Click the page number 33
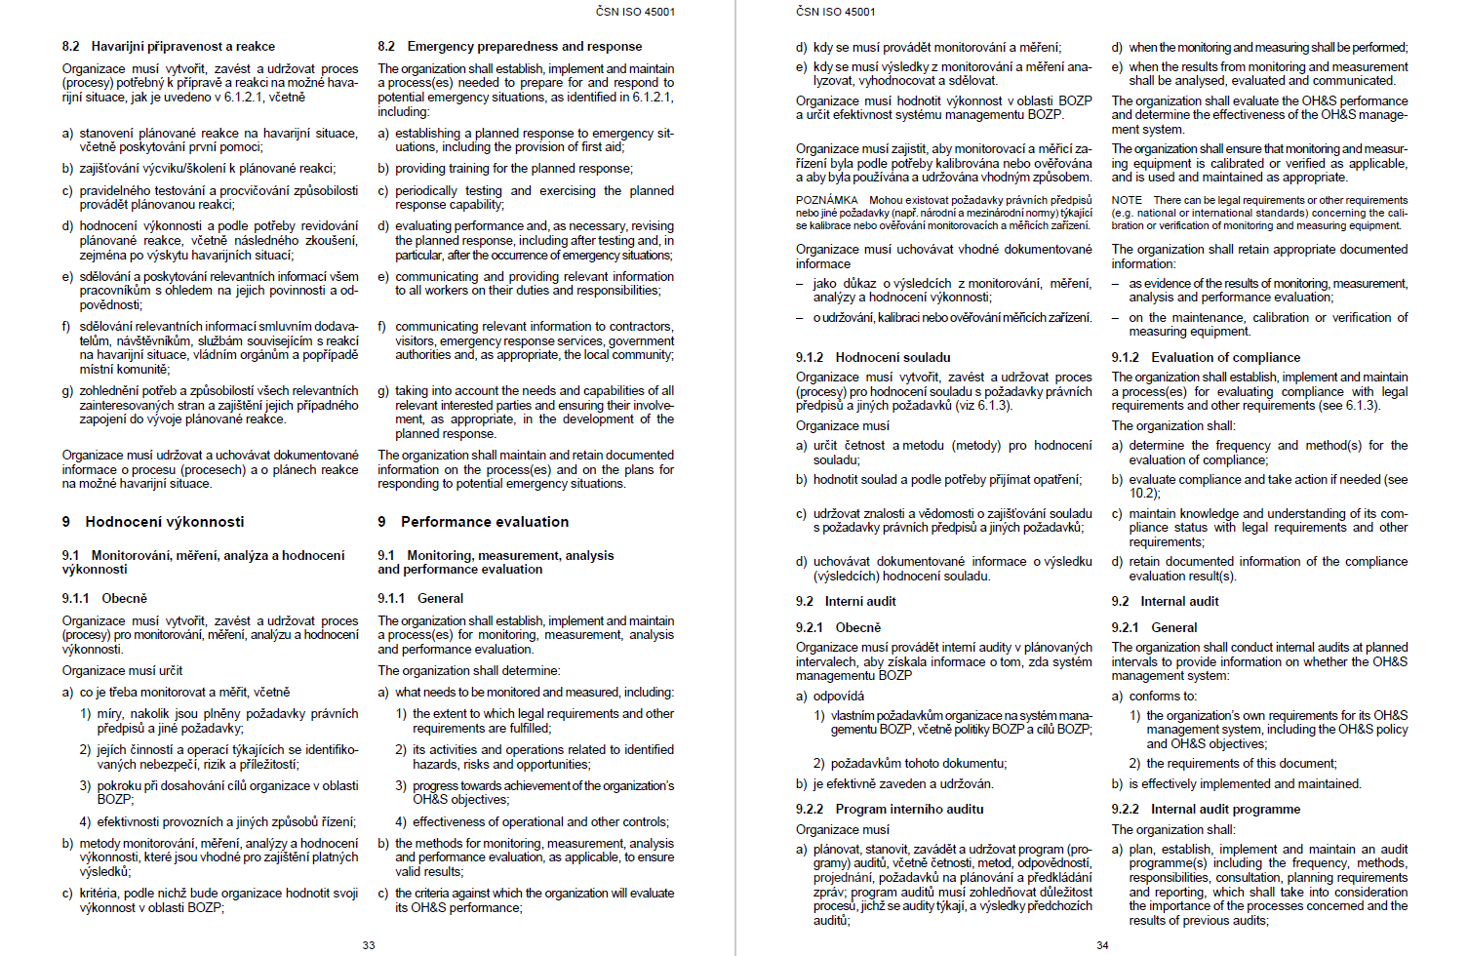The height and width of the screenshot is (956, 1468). pyautogui.click(x=369, y=944)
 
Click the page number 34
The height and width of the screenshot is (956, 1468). pyautogui.click(x=1102, y=944)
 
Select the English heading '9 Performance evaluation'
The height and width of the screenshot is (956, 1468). pyautogui.click(x=473, y=522)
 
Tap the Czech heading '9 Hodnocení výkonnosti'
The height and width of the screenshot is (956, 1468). pyautogui.click(x=153, y=522)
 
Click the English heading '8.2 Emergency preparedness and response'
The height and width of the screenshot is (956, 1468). pyautogui.click(x=510, y=46)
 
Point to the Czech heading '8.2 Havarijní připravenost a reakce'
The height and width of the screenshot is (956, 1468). pyautogui.click(x=169, y=46)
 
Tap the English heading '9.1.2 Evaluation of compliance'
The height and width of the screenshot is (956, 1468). pyautogui.click(x=1206, y=357)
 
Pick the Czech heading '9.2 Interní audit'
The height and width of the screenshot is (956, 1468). pyautogui.click(x=846, y=601)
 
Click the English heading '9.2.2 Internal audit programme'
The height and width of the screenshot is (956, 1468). pyautogui.click(x=1206, y=809)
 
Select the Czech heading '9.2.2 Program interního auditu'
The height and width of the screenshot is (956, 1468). pyautogui.click(x=890, y=809)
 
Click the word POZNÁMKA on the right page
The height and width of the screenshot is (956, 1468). pyautogui.click(x=826, y=200)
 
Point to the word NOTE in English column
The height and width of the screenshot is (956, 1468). pyautogui.click(x=1127, y=200)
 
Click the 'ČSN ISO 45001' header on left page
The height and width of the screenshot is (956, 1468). pyautogui.click(x=635, y=12)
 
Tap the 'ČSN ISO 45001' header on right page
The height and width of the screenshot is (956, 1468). pyautogui.click(x=835, y=12)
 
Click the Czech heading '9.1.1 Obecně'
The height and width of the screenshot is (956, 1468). pyautogui.click(x=104, y=598)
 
